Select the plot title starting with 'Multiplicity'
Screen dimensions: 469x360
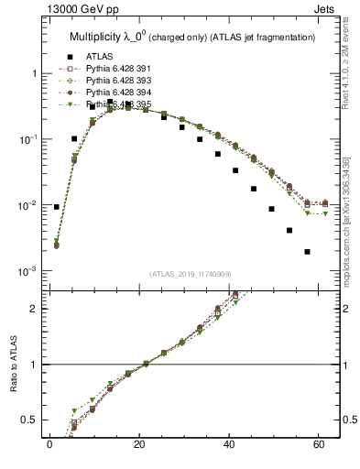click(x=192, y=37)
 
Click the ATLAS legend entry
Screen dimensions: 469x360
click(x=93, y=57)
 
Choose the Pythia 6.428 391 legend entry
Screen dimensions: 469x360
click(x=117, y=69)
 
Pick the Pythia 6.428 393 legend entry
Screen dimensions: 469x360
click(x=117, y=81)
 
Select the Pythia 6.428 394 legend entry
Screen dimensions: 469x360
click(x=117, y=93)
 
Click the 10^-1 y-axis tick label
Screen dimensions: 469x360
click(x=28, y=139)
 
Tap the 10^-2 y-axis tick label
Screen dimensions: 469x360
click(x=28, y=205)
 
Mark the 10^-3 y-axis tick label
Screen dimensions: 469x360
click(x=28, y=271)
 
